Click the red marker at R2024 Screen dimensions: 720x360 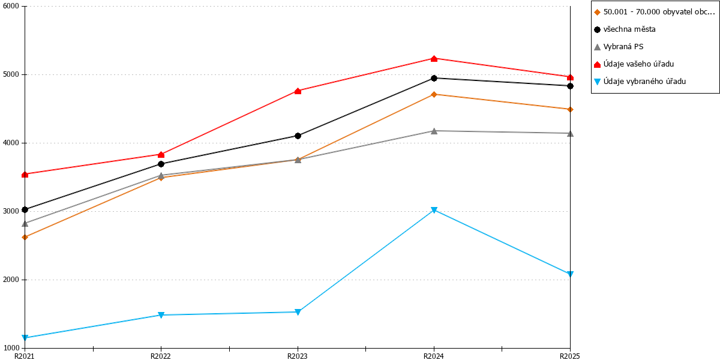click(x=434, y=59)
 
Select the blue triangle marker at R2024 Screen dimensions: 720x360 click(x=434, y=210)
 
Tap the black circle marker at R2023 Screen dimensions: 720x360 click(x=298, y=136)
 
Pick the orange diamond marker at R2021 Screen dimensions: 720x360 click(x=25, y=237)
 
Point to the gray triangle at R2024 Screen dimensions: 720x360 click(x=434, y=131)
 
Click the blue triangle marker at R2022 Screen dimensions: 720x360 click(x=161, y=315)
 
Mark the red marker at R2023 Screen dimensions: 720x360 click(x=298, y=91)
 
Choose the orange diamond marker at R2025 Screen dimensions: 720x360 click(x=570, y=110)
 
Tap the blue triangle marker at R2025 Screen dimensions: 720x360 click(x=570, y=274)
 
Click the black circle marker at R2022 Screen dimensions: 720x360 click(x=161, y=164)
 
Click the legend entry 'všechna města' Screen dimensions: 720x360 click(x=629, y=29)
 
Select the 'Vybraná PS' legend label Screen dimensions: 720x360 click(x=623, y=47)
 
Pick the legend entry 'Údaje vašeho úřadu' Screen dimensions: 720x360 click(x=638, y=64)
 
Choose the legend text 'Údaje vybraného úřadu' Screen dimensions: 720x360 click(x=644, y=82)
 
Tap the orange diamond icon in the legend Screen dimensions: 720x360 click(x=597, y=12)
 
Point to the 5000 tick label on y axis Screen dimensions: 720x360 click(x=11, y=74)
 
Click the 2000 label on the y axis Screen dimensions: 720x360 click(x=11, y=280)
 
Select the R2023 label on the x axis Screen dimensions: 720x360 click(x=298, y=356)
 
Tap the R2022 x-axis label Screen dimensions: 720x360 click(x=161, y=356)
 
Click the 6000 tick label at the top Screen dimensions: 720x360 click(x=11, y=6)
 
